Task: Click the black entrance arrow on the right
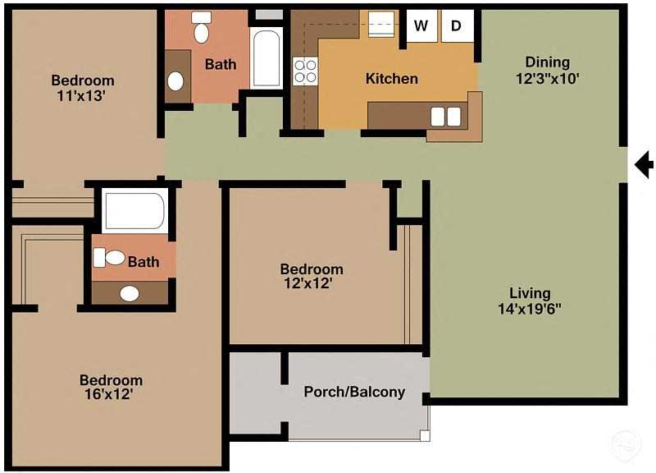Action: coord(645,165)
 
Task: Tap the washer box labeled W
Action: coord(421,25)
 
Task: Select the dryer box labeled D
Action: coord(457,25)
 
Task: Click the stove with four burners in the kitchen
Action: coord(305,71)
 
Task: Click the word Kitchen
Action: coord(391,79)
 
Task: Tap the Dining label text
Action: coord(547,62)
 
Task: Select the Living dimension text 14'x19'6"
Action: coord(529,310)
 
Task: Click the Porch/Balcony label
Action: coord(354,392)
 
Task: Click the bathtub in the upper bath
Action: coord(266,58)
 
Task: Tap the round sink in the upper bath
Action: coord(175,81)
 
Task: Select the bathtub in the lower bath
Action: coord(134,210)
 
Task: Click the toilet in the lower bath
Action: coord(110,258)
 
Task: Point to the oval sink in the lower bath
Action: coord(130,293)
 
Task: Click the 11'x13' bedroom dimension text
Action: coord(83,96)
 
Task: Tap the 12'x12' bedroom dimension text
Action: coord(312,284)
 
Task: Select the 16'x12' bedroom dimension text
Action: coord(111,395)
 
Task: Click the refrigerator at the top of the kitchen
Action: coord(382,24)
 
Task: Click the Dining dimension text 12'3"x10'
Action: coord(547,79)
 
